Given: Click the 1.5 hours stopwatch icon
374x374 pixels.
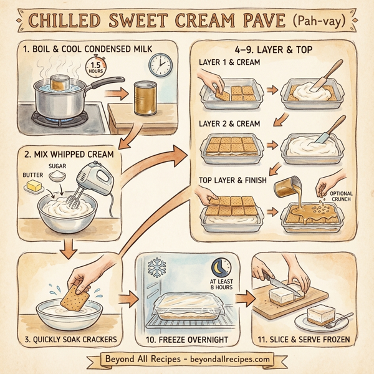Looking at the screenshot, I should pyautogui.click(x=95, y=69).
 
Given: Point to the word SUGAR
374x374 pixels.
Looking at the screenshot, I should pyautogui.click(x=58, y=167).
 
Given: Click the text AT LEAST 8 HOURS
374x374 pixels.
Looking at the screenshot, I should pyautogui.click(x=220, y=285).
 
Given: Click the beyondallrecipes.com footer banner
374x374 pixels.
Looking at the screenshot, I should pyautogui.click(x=187, y=360).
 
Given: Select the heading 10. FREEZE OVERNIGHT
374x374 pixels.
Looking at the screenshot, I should pyautogui.click(x=185, y=339).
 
